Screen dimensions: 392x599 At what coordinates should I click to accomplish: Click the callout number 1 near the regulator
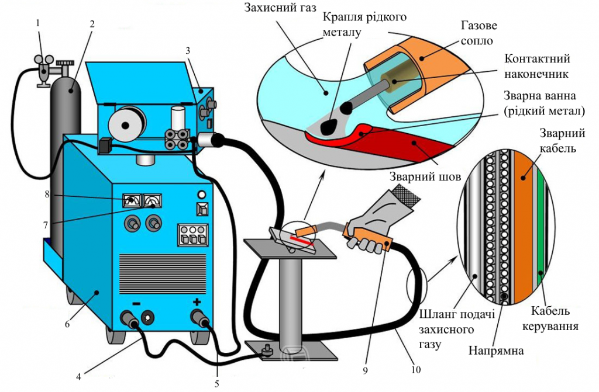tap(38, 23)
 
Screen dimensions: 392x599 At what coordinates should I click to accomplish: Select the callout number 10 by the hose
tap(416, 369)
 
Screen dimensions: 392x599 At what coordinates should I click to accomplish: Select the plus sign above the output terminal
tap(197, 302)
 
